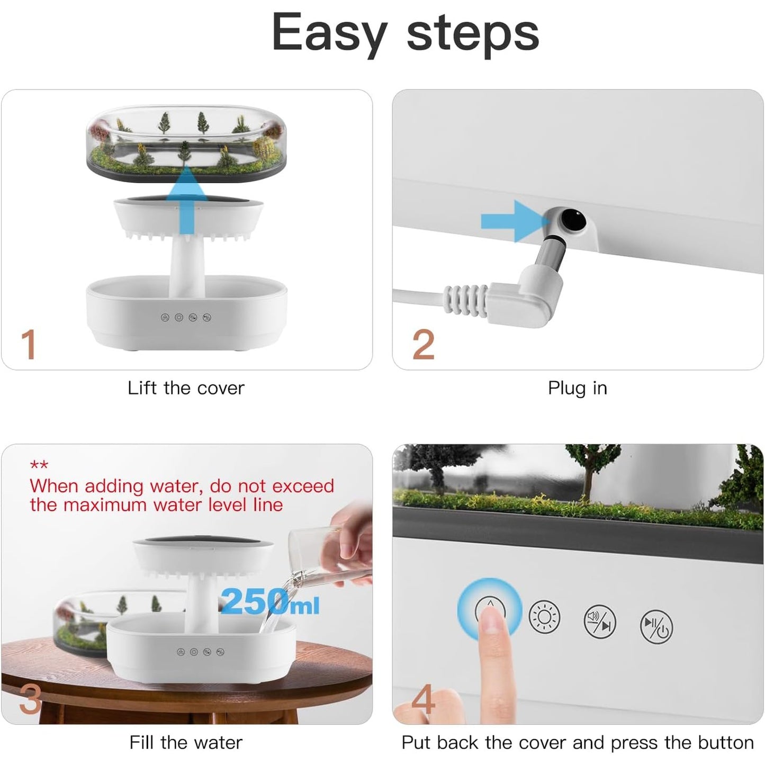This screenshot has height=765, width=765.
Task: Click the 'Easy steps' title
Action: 405,33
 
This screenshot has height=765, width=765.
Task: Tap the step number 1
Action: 29,345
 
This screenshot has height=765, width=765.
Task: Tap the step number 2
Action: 423,345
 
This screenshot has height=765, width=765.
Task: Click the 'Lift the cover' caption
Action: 186,388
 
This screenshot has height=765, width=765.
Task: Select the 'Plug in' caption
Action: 577,388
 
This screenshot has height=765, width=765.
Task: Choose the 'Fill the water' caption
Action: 186,742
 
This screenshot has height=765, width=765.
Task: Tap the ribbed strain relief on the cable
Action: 466,300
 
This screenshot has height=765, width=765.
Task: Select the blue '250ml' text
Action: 270,602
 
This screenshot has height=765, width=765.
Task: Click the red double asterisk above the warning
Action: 39,465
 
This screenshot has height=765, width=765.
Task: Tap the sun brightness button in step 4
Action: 544,617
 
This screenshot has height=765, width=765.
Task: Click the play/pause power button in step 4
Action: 656,626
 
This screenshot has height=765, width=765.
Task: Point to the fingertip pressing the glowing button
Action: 491,619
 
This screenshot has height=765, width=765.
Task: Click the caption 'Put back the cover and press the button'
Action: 577,742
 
